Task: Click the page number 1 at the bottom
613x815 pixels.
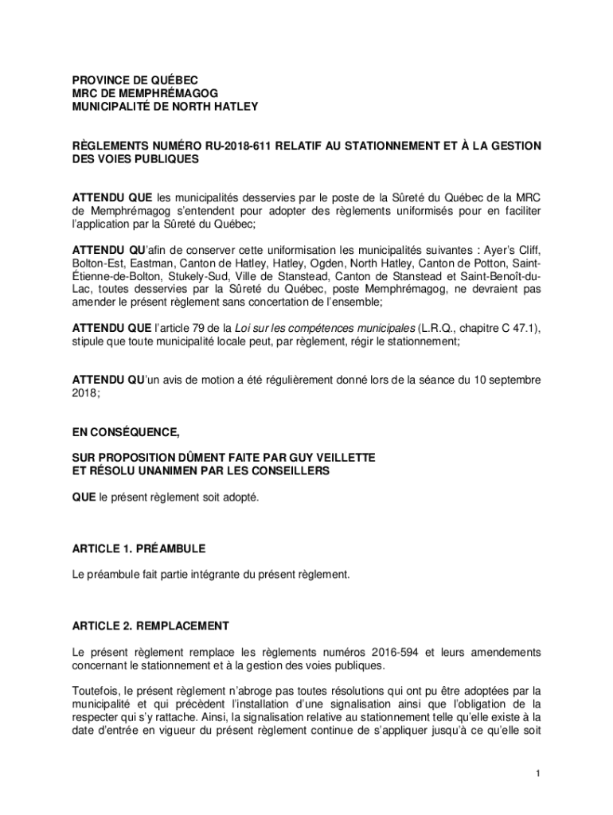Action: tap(539, 774)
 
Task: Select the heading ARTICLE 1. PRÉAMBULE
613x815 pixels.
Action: tap(139, 548)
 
